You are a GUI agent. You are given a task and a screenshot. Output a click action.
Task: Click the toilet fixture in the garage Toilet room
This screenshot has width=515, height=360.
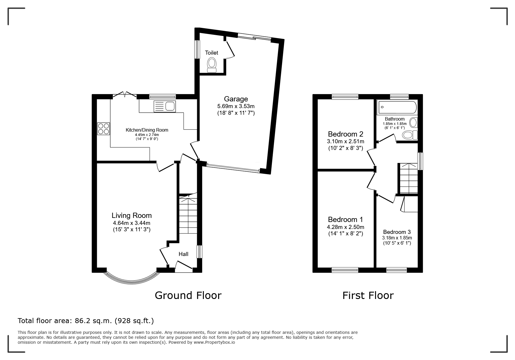coord(212,65)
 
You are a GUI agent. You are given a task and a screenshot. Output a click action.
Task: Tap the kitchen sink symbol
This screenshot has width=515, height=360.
coord(164,106)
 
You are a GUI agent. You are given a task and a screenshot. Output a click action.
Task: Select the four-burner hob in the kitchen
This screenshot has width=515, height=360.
coord(104,129)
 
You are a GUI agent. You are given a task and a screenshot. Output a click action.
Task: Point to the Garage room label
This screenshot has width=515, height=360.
coord(236,99)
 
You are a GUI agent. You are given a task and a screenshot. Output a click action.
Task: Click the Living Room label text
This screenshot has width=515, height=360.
coord(132,215)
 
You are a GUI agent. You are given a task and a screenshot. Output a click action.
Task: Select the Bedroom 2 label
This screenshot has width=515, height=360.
coord(345,134)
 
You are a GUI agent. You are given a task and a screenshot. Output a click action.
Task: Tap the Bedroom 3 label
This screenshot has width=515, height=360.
coord(397,232)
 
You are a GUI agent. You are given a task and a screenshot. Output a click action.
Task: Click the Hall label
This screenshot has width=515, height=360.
coord(183,254)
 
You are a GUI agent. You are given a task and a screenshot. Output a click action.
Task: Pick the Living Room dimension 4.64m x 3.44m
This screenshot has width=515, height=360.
coord(132,223)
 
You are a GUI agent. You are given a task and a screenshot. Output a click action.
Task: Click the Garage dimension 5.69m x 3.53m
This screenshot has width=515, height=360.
coord(236,106)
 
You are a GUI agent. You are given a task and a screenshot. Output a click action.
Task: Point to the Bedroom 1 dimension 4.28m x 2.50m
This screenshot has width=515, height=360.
coord(345,227)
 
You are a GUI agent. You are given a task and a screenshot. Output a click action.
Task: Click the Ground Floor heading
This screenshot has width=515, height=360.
coord(188,295)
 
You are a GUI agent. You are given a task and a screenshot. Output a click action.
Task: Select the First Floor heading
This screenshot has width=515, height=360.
coord(368,295)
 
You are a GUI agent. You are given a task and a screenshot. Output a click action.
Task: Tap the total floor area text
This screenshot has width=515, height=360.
coord(86,321)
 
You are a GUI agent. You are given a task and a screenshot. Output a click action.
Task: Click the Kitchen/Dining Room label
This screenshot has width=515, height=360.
coord(147,130)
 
